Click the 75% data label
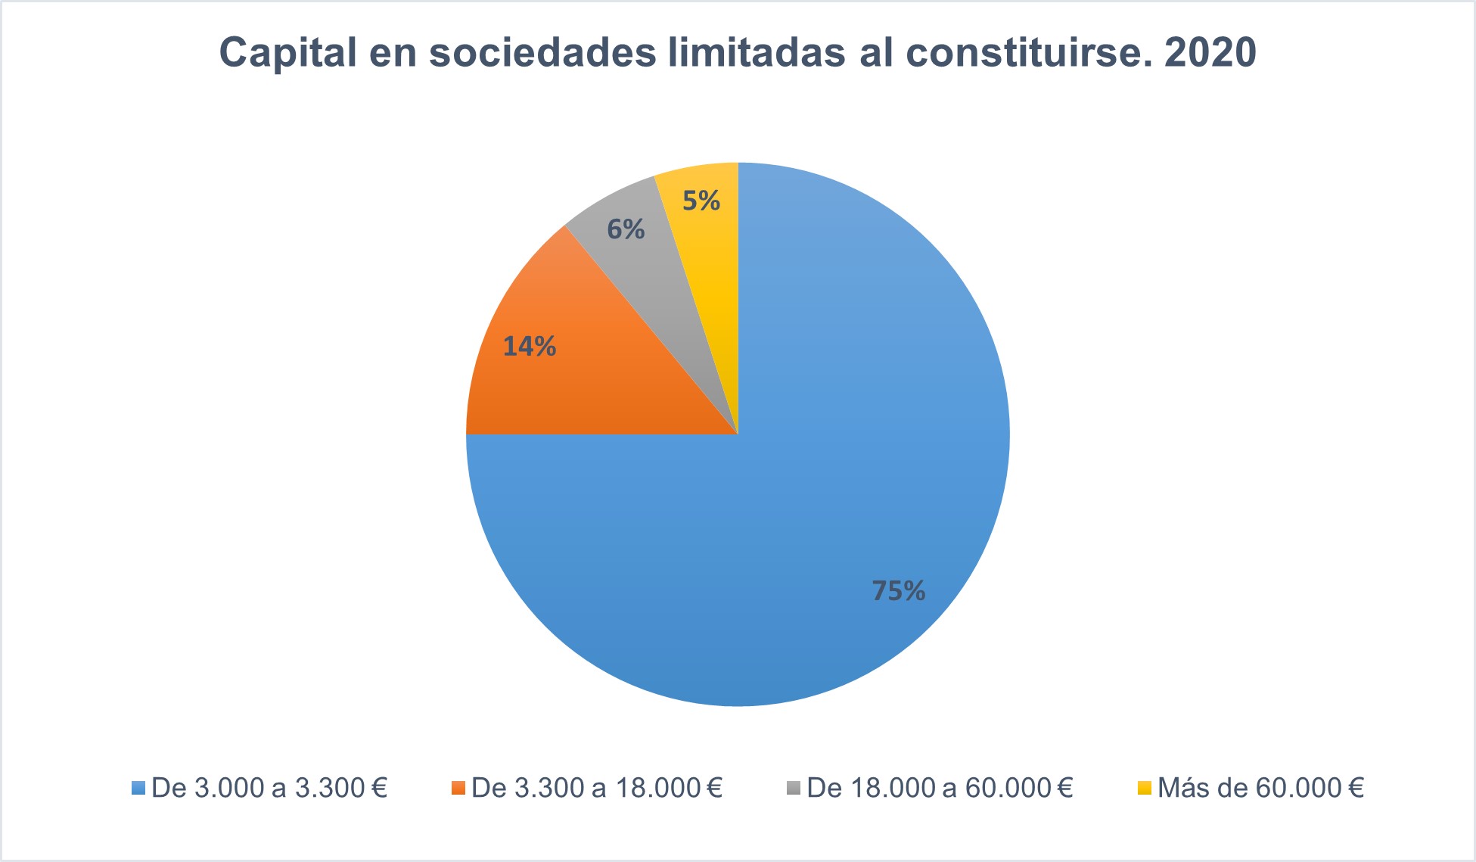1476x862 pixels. (898, 591)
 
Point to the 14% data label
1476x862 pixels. (530, 347)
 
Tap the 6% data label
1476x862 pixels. (626, 229)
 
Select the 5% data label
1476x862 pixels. (701, 201)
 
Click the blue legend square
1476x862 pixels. (138, 789)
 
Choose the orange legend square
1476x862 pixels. (457, 789)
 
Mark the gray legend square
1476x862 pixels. (793, 789)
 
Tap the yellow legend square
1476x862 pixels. (1144, 789)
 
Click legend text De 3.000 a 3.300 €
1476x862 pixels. (269, 789)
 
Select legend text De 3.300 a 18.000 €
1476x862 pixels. (596, 789)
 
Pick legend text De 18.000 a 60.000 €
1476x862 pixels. (940, 789)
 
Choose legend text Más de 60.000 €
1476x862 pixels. (1260, 789)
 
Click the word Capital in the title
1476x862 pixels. (287, 53)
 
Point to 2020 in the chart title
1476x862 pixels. (1210, 53)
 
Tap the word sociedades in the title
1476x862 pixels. (542, 53)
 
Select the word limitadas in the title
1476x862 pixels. (757, 53)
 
